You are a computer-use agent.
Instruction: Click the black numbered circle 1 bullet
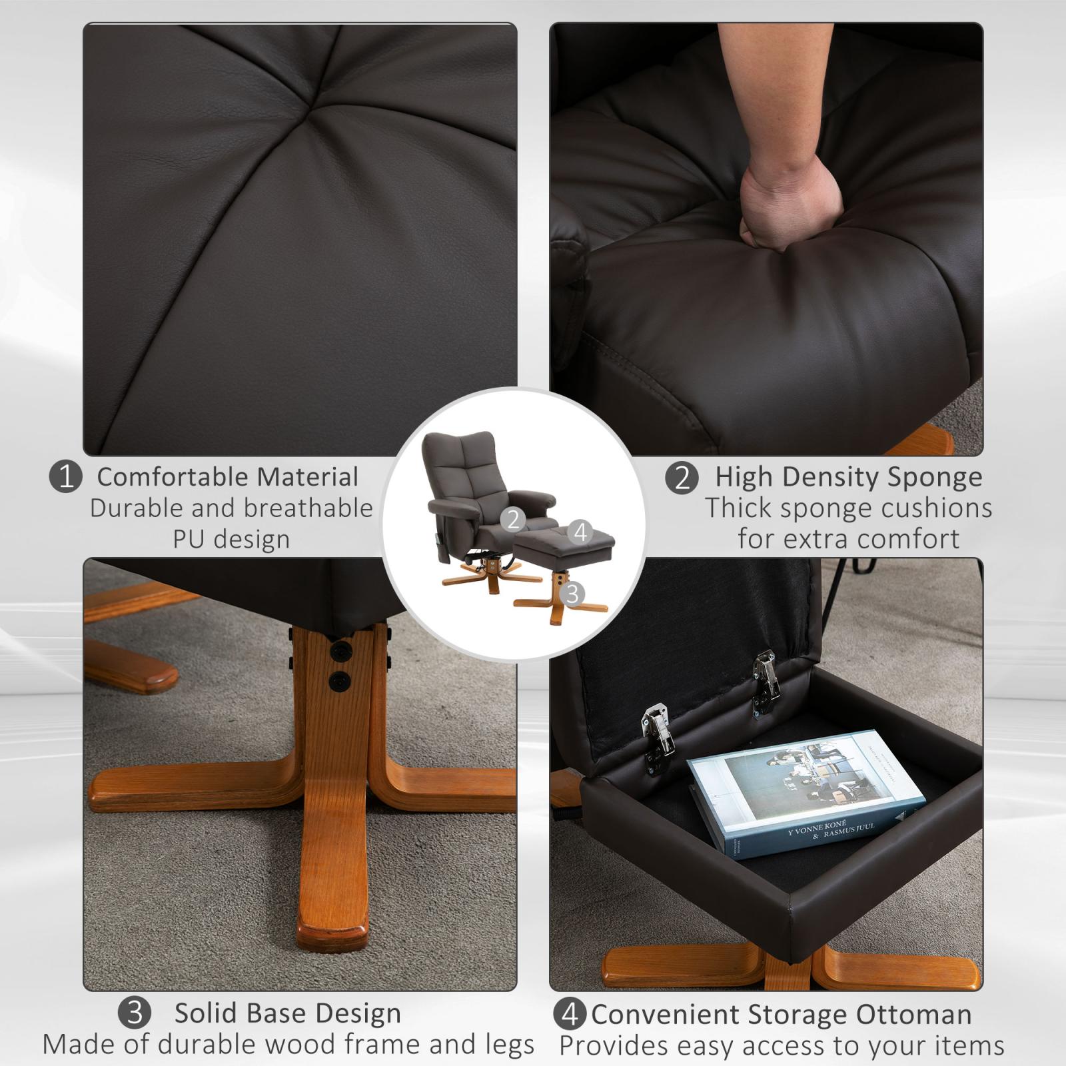coord(66,477)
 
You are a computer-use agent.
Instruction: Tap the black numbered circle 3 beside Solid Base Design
coord(135,1013)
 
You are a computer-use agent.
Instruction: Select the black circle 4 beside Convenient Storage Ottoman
coord(570,1015)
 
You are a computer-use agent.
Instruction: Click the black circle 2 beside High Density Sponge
coord(682,478)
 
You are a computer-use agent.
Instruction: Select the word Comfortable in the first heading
coord(173,477)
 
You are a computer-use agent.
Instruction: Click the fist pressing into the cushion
coord(790,206)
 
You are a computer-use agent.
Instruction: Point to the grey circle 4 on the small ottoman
coord(581,532)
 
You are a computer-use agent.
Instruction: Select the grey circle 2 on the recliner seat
coord(512,518)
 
